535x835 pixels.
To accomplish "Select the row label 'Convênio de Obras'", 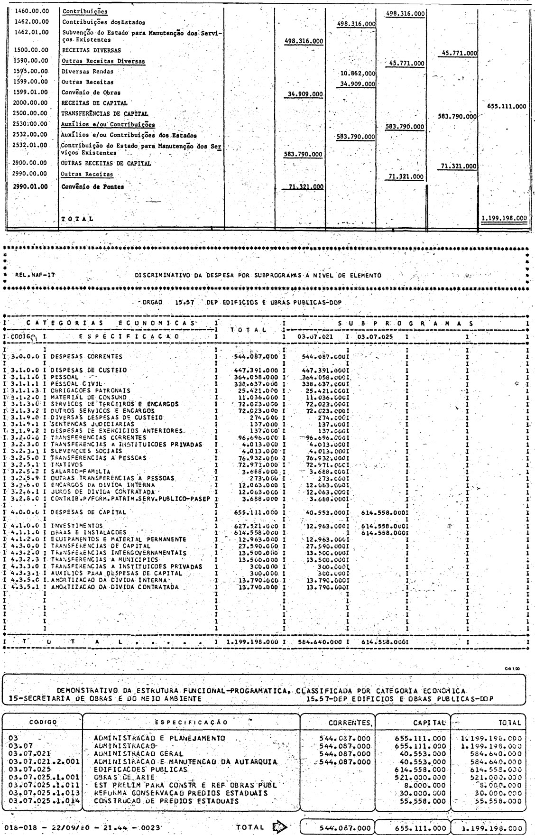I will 91,93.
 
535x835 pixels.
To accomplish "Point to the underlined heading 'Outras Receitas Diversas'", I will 103,61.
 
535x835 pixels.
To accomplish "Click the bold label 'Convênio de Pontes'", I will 93,186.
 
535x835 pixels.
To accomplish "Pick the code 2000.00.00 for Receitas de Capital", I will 32,102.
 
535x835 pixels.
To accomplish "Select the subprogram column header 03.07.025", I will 376,336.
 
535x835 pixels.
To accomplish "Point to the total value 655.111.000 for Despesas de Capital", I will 257,512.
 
